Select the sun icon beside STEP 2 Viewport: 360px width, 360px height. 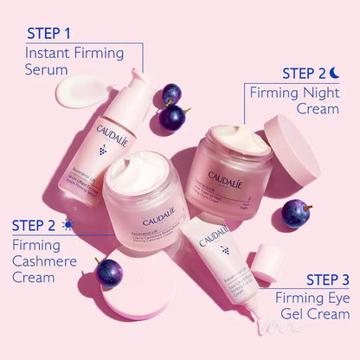(68, 225)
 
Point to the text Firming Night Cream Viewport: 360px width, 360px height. (294, 100)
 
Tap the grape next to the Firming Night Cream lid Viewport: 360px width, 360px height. (295, 213)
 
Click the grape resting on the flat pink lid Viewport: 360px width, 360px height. (110, 272)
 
